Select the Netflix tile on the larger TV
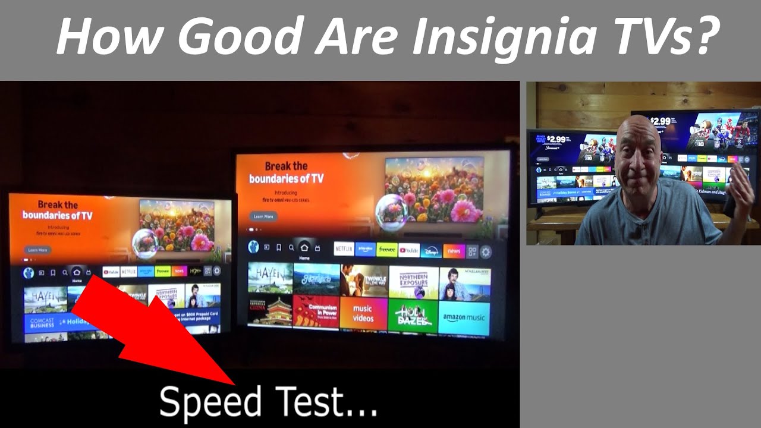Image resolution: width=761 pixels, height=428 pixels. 344,249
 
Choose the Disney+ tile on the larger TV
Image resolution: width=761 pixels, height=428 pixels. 431,251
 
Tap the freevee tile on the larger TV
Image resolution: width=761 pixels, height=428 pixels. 386,250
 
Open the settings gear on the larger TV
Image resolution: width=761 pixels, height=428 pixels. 486,251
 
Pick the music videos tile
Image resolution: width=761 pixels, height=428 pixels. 363,313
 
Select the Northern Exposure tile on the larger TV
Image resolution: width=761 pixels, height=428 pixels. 414,282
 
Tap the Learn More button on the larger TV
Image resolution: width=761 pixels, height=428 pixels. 263,216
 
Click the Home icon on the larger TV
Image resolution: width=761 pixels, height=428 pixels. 304,247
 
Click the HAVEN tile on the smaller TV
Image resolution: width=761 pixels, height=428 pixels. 45,298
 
